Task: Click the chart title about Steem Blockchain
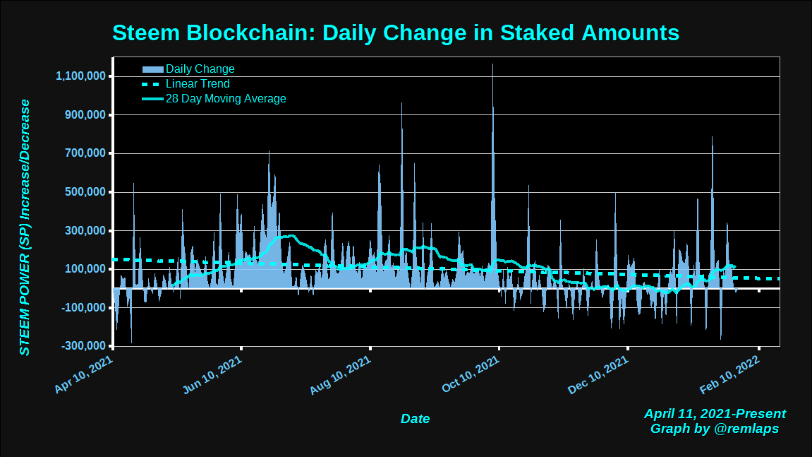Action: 396,33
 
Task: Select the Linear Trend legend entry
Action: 198,84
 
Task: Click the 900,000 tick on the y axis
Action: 85,115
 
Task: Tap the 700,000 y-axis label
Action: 85,153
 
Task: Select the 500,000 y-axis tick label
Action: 85,192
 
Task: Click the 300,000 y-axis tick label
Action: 85,231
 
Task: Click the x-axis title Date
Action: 415,419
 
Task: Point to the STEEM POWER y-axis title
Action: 25,227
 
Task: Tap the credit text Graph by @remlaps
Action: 715,428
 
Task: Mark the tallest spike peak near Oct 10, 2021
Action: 492,64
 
